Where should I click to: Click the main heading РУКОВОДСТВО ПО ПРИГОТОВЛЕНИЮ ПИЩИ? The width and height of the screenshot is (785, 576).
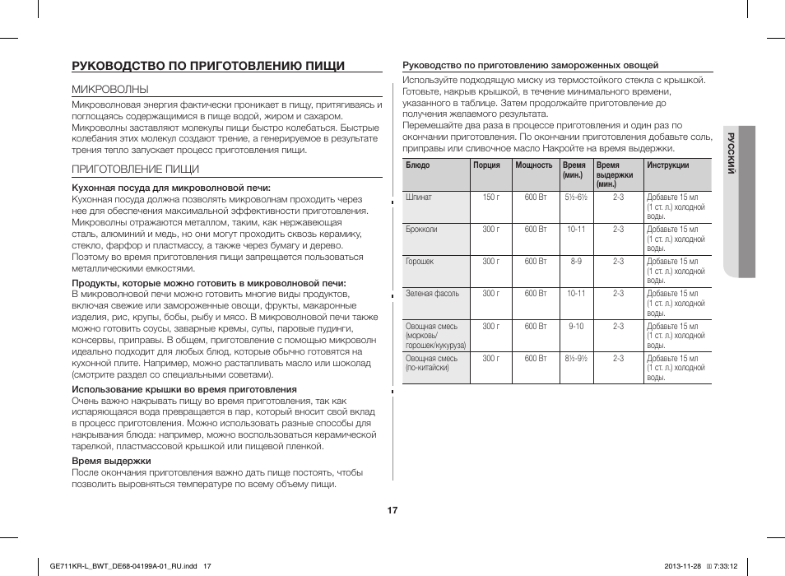click(208, 65)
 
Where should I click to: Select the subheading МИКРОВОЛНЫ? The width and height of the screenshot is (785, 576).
click(110, 89)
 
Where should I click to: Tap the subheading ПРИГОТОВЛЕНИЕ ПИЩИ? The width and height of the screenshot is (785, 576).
click(135, 169)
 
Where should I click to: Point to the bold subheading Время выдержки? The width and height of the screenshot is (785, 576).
click(111, 461)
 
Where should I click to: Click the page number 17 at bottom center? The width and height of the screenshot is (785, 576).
click(392, 510)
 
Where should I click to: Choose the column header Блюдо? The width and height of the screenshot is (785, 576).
click(418, 165)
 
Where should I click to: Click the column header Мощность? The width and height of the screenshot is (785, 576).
click(533, 165)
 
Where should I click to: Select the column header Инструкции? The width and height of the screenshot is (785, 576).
click(667, 165)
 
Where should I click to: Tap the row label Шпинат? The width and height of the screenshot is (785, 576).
click(419, 197)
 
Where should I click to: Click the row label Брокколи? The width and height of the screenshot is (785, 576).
click(421, 229)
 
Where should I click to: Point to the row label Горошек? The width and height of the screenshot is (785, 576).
click(420, 262)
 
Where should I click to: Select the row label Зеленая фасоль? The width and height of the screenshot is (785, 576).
click(433, 294)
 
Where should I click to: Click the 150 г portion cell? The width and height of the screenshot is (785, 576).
click(490, 197)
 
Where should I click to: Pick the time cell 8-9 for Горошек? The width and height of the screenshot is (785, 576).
click(576, 262)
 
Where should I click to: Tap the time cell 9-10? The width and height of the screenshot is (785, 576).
click(576, 327)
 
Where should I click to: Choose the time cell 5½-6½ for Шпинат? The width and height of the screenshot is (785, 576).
click(576, 197)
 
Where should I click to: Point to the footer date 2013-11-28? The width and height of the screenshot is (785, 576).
click(685, 565)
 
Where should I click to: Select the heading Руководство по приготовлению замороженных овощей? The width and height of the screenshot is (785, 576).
click(530, 65)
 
